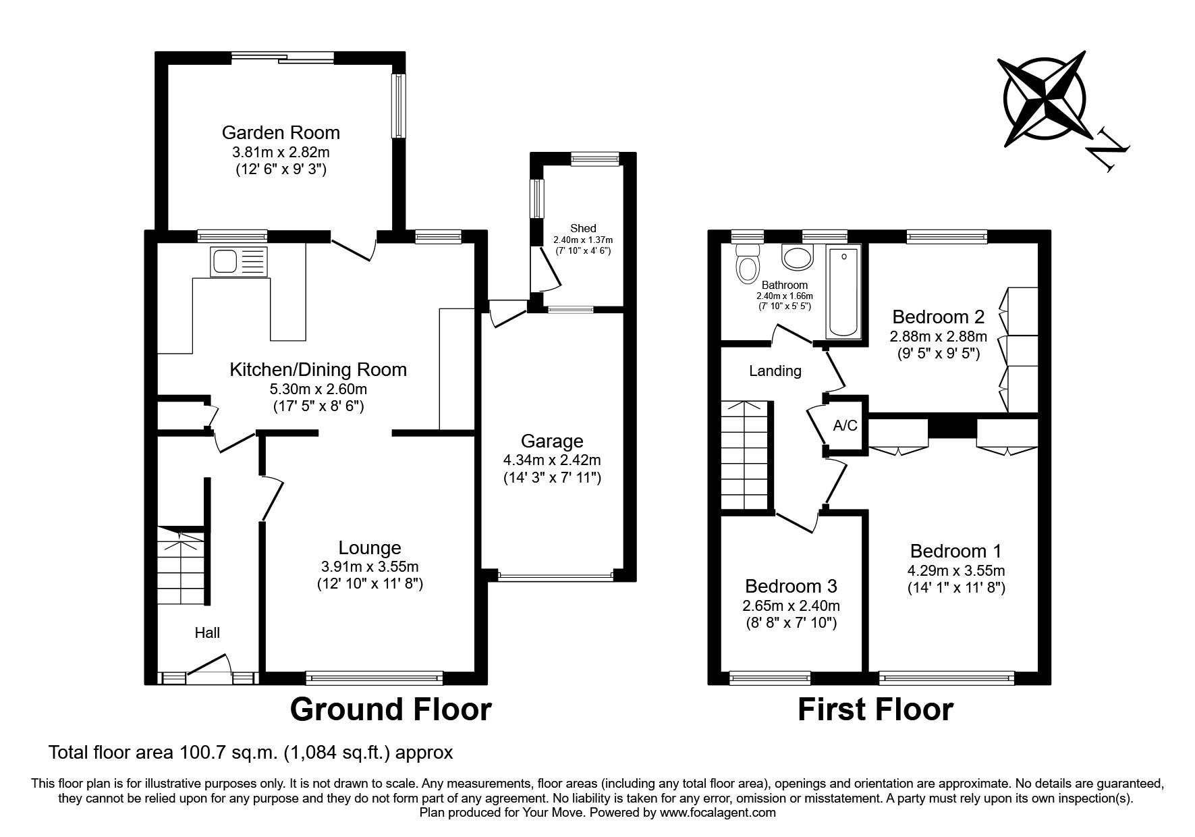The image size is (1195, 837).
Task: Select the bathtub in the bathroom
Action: (843, 292)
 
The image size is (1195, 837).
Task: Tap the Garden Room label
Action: (281, 132)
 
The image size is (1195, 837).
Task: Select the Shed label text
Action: (583, 228)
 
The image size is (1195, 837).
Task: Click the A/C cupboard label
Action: (845, 425)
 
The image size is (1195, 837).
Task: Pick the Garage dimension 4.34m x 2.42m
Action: (552, 460)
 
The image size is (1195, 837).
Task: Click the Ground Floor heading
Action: (391, 709)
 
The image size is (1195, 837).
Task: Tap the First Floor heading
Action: (875, 709)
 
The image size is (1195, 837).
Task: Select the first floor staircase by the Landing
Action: (746, 456)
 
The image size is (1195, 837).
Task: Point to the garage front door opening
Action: (555, 576)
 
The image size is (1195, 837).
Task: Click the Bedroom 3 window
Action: (770, 677)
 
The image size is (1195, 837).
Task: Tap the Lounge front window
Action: (374, 677)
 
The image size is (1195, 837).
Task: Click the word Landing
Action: (775, 371)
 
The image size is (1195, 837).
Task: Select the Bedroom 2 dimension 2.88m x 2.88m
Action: (938, 336)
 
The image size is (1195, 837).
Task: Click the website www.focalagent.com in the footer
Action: (717, 813)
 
